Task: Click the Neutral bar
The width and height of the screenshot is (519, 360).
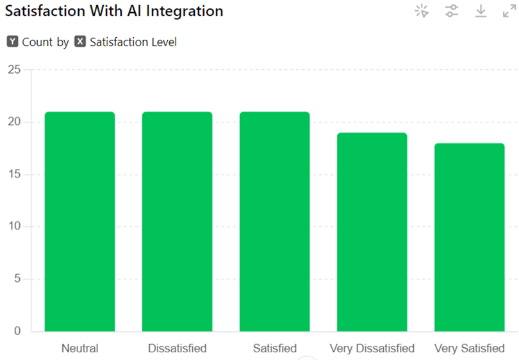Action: pyautogui.click(x=79, y=222)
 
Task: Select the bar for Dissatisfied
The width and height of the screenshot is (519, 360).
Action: pyautogui.click(x=177, y=222)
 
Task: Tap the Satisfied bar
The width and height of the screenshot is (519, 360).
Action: pyautogui.click(x=274, y=222)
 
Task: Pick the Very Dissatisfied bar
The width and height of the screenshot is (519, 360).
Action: pyautogui.click(x=372, y=232)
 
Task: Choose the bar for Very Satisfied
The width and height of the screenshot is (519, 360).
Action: pyautogui.click(x=470, y=237)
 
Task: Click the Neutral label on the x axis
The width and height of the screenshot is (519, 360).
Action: pyautogui.click(x=79, y=348)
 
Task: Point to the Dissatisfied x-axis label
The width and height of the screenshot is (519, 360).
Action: pyautogui.click(x=177, y=348)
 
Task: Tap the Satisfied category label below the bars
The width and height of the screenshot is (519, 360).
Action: pyautogui.click(x=274, y=348)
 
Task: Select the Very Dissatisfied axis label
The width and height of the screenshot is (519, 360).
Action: pyautogui.click(x=372, y=348)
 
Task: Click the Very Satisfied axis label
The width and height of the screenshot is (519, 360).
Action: pyautogui.click(x=470, y=348)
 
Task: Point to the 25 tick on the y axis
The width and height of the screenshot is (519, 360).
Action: pyautogui.click(x=13, y=69)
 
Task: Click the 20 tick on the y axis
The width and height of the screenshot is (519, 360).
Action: pyautogui.click(x=13, y=122)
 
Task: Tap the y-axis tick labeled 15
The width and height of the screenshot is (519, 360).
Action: pyautogui.click(x=13, y=174)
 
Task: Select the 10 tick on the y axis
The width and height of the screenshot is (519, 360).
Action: pyautogui.click(x=13, y=227)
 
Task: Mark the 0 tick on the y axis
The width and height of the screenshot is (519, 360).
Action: pyautogui.click(x=17, y=331)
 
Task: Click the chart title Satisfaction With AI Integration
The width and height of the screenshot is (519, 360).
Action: pyautogui.click(x=114, y=12)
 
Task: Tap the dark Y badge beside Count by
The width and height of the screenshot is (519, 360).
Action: pyautogui.click(x=12, y=42)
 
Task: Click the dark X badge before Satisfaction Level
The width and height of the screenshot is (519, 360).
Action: pyautogui.click(x=80, y=42)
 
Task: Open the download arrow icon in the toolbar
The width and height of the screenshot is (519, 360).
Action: pyautogui.click(x=481, y=11)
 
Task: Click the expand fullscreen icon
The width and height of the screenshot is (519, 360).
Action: pyautogui.click(x=509, y=11)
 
